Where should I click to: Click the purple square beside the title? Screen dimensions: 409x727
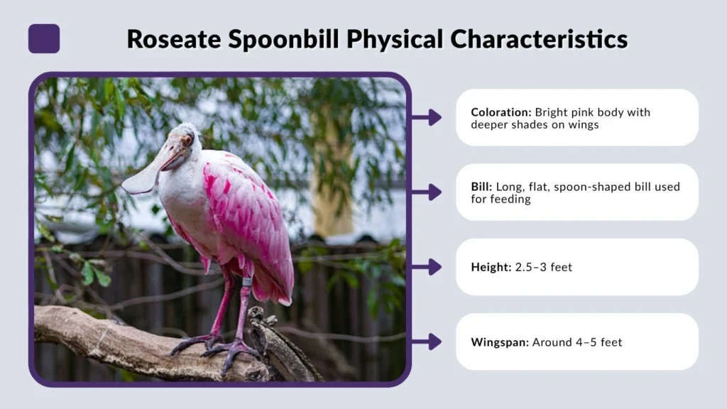(x=44, y=38)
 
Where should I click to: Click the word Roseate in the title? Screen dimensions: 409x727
(x=174, y=39)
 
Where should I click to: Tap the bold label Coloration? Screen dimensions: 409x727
(x=501, y=112)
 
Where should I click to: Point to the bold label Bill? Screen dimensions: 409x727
(x=481, y=187)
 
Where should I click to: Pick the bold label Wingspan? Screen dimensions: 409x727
(x=500, y=342)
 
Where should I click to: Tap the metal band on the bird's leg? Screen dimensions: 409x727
(x=247, y=282)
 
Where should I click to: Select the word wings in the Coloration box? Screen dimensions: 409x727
(x=582, y=125)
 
